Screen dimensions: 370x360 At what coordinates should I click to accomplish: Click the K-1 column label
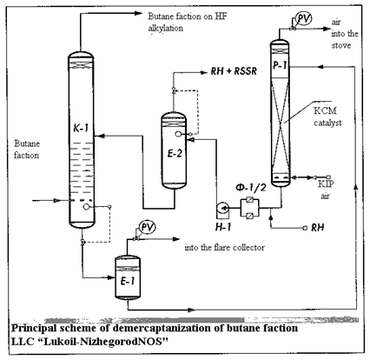(81, 128)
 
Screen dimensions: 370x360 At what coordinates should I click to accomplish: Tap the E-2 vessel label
(175, 153)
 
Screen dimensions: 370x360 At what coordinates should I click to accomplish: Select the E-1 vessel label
(128, 281)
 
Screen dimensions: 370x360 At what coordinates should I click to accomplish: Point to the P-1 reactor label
(280, 65)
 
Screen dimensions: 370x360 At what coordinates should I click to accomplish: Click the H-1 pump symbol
(222, 208)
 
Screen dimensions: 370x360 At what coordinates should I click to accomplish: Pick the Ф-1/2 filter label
(251, 188)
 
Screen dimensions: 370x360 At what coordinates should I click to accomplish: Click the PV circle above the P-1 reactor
(304, 18)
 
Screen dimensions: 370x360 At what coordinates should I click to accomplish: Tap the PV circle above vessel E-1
(148, 228)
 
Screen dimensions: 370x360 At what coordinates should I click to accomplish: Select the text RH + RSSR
(234, 71)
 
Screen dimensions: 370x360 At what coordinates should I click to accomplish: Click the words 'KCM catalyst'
(327, 117)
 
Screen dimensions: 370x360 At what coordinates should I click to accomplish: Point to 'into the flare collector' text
(225, 248)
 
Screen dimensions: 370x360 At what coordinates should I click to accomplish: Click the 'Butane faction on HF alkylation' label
(188, 22)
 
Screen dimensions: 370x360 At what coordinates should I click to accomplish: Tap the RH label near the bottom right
(318, 228)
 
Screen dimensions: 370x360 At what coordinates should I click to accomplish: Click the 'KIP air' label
(326, 190)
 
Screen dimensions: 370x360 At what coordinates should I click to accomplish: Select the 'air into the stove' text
(345, 34)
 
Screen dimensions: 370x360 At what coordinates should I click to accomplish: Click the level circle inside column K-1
(86, 206)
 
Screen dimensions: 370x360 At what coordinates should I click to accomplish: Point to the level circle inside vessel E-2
(178, 134)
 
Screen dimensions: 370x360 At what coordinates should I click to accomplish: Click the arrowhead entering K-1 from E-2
(99, 136)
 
